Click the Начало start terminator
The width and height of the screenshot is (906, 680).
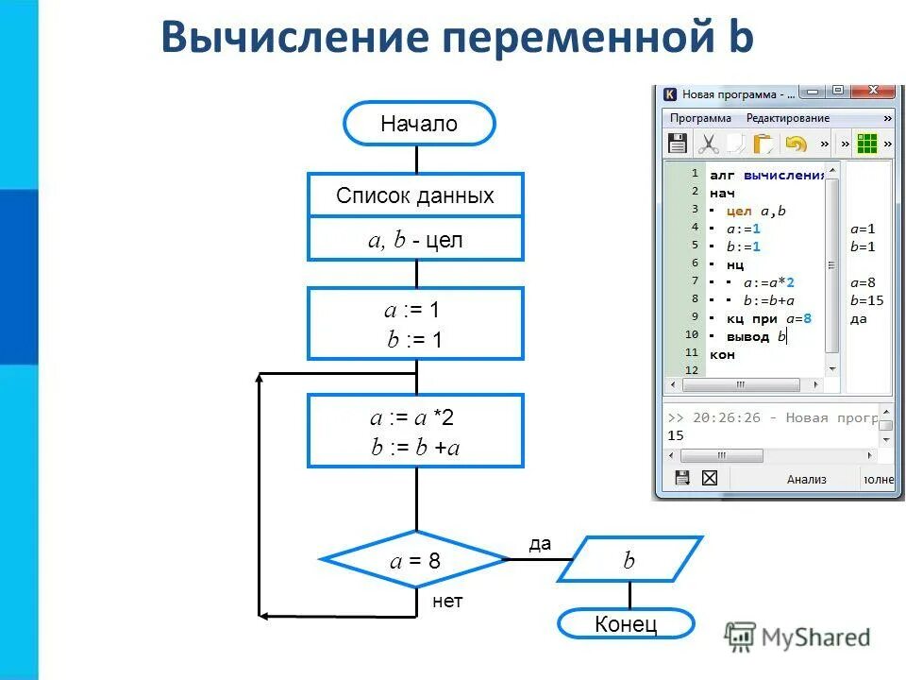tap(419, 124)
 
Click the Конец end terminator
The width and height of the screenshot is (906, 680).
tap(626, 624)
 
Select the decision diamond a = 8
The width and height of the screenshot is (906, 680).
tap(415, 560)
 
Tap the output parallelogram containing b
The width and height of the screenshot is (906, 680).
tap(629, 560)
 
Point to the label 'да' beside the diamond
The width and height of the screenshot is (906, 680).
tap(539, 544)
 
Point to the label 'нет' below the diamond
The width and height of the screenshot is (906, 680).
tap(447, 602)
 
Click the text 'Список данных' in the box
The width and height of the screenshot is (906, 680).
tap(415, 196)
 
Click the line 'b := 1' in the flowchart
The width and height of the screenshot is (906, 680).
tap(414, 341)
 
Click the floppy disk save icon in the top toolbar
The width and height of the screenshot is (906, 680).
tap(677, 144)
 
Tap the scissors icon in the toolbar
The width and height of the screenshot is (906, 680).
tap(708, 144)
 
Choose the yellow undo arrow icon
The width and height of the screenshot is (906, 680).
tap(796, 144)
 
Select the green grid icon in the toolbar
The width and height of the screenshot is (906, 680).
tap(867, 144)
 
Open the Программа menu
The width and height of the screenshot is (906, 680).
tap(700, 118)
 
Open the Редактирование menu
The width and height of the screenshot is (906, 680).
tap(788, 118)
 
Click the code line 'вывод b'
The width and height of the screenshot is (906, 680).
tap(755, 336)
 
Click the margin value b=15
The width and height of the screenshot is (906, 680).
tap(865, 300)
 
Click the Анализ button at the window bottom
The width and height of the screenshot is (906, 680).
tap(807, 479)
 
